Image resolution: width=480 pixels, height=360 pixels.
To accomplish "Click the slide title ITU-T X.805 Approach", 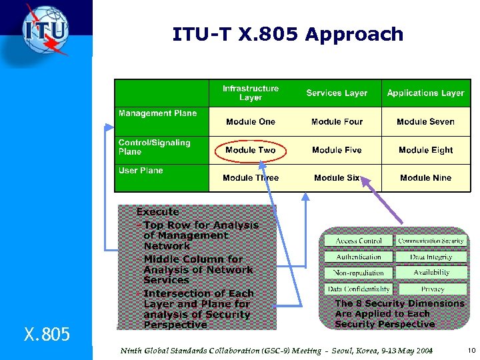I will (287, 34).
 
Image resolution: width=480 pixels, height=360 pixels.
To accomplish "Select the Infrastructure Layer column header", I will (251, 93).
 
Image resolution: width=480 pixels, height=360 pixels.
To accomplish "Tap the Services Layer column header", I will (337, 93).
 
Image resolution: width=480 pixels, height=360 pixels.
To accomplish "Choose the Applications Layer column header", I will (425, 93).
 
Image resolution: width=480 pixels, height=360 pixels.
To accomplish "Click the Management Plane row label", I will (158, 113).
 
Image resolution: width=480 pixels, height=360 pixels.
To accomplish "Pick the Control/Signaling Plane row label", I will (155, 147).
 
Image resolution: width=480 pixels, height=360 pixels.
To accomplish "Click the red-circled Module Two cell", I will (251, 150).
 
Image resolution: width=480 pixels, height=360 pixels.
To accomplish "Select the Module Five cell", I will (337, 150).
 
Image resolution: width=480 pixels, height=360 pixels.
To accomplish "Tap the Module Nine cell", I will (425, 178).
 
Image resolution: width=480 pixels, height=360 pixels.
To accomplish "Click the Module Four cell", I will (337, 122).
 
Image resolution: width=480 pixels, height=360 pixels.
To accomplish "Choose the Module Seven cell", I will (425, 122).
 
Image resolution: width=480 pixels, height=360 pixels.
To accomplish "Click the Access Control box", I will (359, 241).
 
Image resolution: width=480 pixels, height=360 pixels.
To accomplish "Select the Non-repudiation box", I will (359, 273).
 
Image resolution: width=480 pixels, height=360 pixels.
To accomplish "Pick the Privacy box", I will (432, 289).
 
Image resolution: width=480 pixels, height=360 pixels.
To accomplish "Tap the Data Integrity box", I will (432, 257).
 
